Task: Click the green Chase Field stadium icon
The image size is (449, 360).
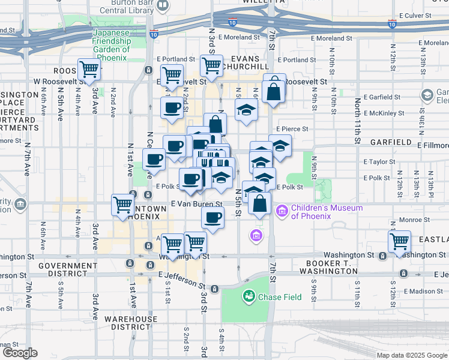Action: (x=249, y=296)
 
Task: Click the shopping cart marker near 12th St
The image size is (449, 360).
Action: (x=399, y=242)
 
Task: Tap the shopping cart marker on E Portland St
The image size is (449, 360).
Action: (x=211, y=65)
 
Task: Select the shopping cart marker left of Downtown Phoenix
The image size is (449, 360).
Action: (x=123, y=205)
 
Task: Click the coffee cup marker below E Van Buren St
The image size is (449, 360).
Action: (x=212, y=217)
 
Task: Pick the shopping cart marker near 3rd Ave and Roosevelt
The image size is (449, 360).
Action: (x=89, y=69)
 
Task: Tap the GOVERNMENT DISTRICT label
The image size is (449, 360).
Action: (x=67, y=269)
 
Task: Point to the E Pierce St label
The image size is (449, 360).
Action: (x=292, y=129)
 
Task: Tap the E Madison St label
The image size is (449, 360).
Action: (x=423, y=292)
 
